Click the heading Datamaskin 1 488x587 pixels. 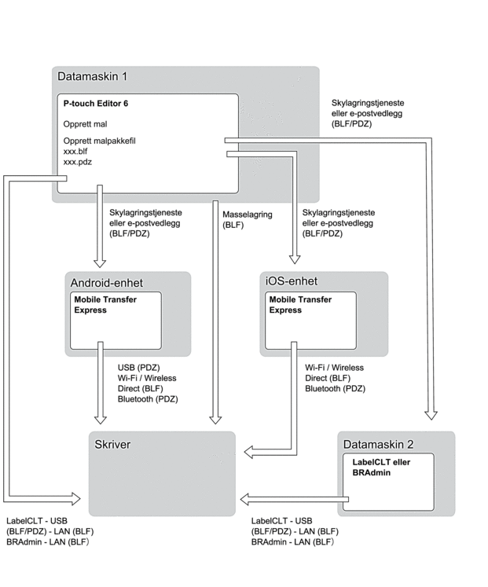click(92, 77)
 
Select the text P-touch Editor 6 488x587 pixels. click(96, 104)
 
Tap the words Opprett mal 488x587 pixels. click(86, 123)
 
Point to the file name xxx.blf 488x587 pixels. click(76, 151)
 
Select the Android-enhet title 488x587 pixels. click(107, 283)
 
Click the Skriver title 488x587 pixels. click(110, 445)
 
